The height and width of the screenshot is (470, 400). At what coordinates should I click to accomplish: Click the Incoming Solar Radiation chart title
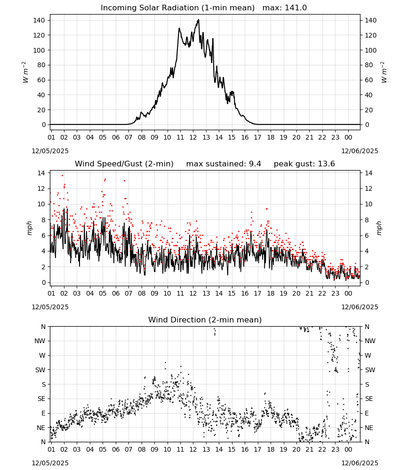click(x=177, y=8)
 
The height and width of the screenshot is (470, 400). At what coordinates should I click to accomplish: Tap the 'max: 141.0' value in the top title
click(x=285, y=8)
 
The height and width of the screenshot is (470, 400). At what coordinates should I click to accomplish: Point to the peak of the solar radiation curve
click(x=198, y=20)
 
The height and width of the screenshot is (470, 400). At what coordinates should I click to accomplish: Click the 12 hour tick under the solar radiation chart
click(x=193, y=137)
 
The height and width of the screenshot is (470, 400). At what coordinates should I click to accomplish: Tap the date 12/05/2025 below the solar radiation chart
click(x=50, y=151)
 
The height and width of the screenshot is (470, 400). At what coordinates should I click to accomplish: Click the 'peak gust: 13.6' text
click(x=304, y=164)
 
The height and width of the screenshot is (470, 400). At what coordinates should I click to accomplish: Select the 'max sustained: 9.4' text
click(x=223, y=164)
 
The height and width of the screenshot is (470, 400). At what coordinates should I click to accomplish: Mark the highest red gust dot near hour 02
click(x=63, y=176)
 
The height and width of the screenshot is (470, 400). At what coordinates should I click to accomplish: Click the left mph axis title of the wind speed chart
click(x=29, y=228)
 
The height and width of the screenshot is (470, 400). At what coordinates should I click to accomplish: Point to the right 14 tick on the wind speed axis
click(x=368, y=173)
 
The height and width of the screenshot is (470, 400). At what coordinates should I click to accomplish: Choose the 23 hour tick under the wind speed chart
click(x=335, y=293)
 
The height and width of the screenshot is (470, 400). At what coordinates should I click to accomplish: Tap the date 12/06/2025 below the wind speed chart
click(x=360, y=307)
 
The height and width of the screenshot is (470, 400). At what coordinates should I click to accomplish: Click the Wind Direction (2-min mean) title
click(x=205, y=320)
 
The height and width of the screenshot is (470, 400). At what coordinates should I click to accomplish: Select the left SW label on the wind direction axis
click(x=40, y=370)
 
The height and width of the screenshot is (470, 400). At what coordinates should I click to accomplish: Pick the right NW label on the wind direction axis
click(x=370, y=341)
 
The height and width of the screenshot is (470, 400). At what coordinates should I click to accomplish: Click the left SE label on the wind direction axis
click(x=41, y=399)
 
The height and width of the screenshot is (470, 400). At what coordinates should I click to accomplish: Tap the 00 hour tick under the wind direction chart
click(x=348, y=449)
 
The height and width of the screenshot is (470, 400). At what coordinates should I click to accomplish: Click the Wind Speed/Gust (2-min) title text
click(x=124, y=164)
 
